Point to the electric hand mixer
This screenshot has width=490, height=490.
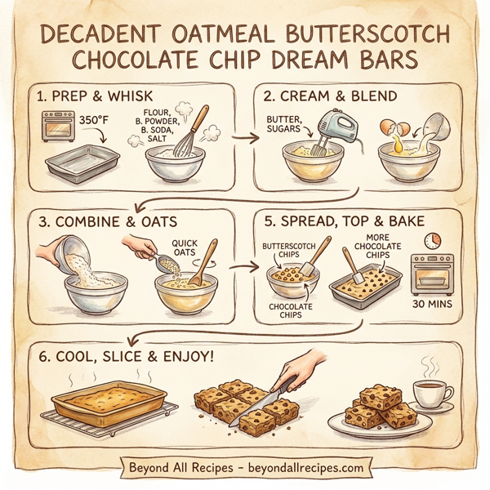pyautogui.click(x=333, y=130)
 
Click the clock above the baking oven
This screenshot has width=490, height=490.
pyautogui.click(x=432, y=241)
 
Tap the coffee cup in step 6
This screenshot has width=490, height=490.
pyautogui.click(x=430, y=393)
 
